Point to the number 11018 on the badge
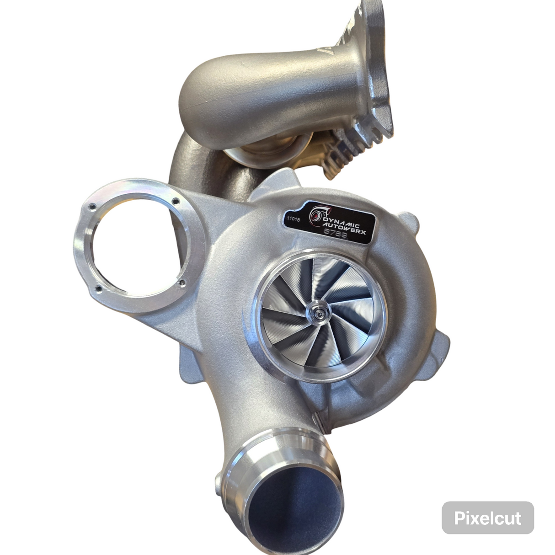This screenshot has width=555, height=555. click(294, 219)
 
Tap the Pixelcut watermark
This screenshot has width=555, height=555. click(487, 518)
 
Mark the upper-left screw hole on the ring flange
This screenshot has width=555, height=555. click(93, 206)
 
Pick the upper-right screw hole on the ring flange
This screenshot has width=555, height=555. click(175, 201)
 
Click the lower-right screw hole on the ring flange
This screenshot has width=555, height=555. click(182, 283)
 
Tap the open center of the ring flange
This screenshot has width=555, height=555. click(136, 245)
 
